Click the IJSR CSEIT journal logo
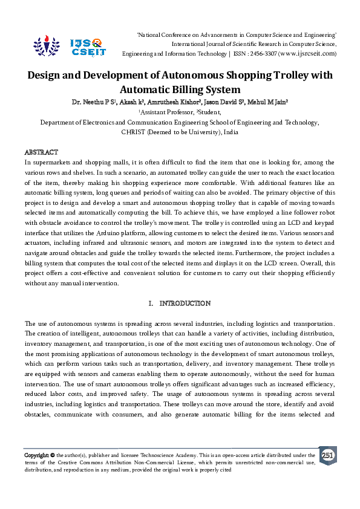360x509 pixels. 70,45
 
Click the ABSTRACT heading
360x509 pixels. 41,152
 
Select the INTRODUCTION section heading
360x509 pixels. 185,302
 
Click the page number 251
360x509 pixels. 327,455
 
